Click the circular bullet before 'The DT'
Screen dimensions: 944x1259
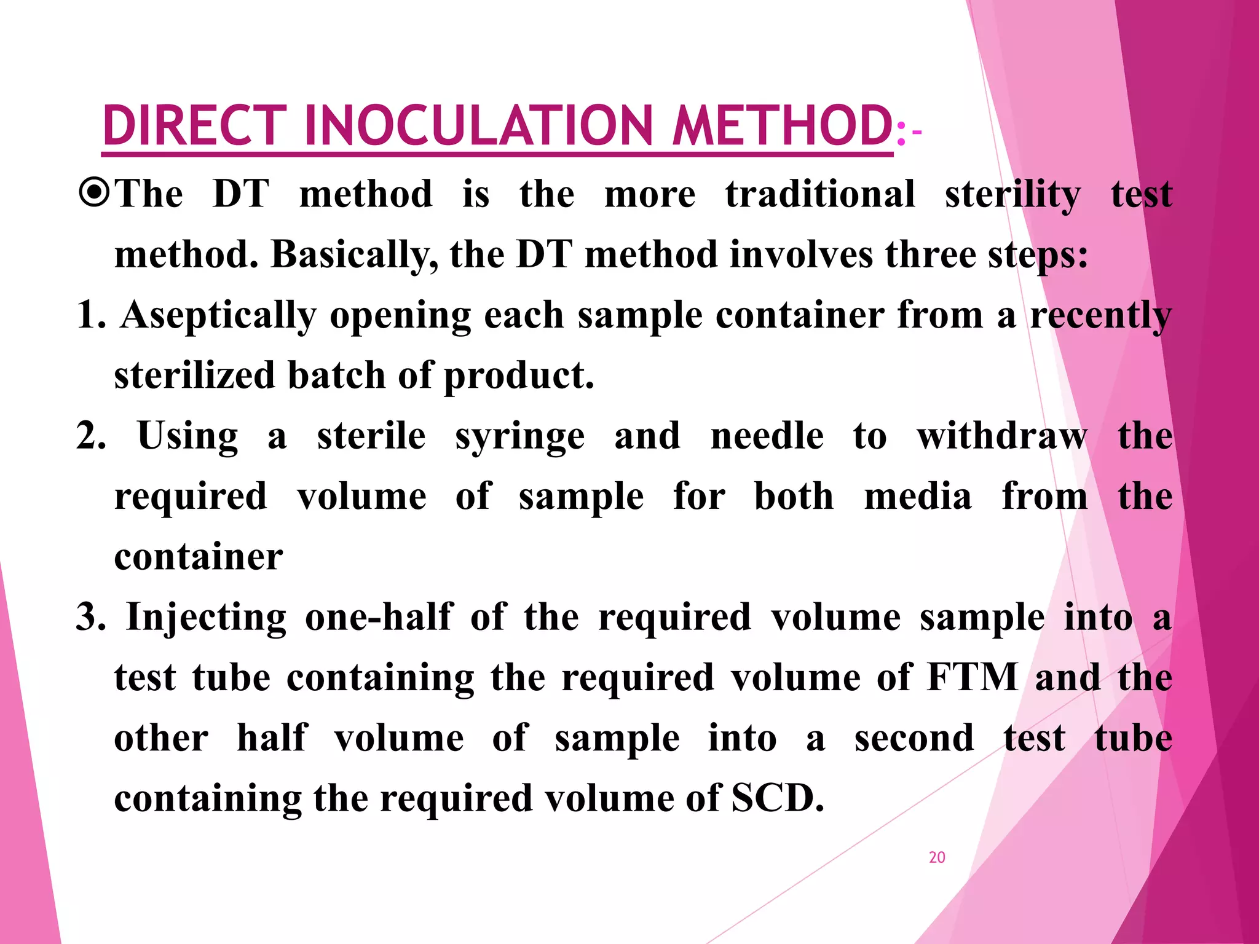point(95,194)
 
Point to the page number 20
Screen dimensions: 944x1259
point(937,857)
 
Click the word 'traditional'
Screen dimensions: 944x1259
point(820,194)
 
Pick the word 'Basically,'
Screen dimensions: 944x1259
point(355,254)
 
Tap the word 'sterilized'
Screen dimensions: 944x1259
point(194,376)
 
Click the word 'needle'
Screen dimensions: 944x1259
point(767,436)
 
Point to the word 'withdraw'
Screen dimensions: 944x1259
point(1001,436)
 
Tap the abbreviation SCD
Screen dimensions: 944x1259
point(777,798)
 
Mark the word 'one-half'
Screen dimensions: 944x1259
point(379,617)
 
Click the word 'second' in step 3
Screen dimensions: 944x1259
point(914,738)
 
